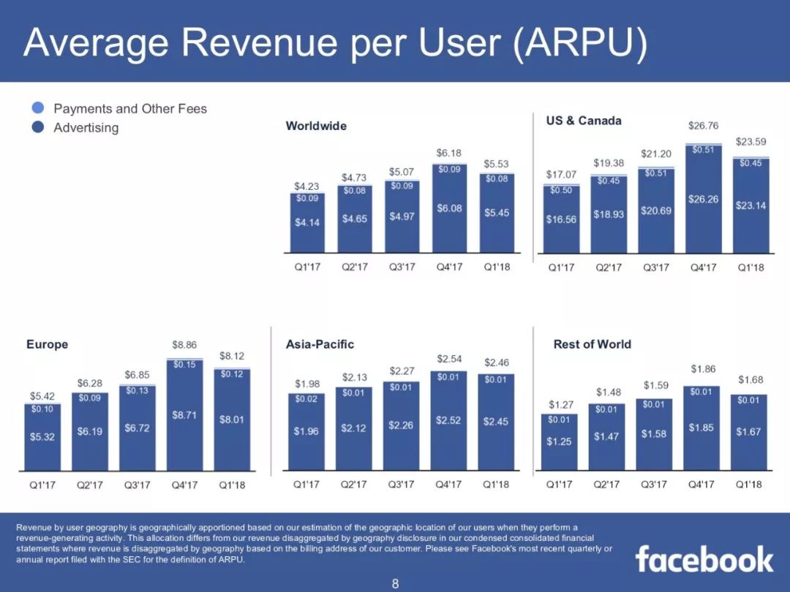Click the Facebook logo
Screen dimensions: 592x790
704,559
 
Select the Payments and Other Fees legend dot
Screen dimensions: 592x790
39,108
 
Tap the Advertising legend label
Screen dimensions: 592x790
86,128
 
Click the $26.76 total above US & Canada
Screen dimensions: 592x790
703,126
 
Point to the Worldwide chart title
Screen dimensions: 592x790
316,126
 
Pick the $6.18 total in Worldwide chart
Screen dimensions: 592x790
449,153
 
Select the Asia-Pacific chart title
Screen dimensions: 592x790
320,344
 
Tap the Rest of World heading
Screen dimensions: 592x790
592,344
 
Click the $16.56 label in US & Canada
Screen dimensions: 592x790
561,219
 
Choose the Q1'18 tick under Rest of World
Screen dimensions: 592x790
749,485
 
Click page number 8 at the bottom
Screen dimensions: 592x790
395,583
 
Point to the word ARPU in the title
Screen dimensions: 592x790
579,43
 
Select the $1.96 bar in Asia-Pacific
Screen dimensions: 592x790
306,431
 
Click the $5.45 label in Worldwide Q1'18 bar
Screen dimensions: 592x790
497,213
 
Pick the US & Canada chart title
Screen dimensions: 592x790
584,121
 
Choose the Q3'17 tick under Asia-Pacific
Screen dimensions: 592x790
401,485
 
